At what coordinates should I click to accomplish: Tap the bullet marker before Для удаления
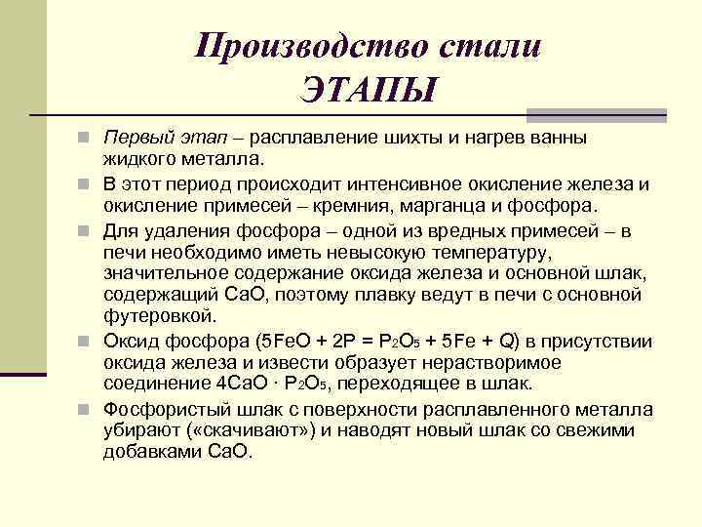(x=88, y=230)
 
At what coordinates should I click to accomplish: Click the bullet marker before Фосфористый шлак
(x=88, y=410)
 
